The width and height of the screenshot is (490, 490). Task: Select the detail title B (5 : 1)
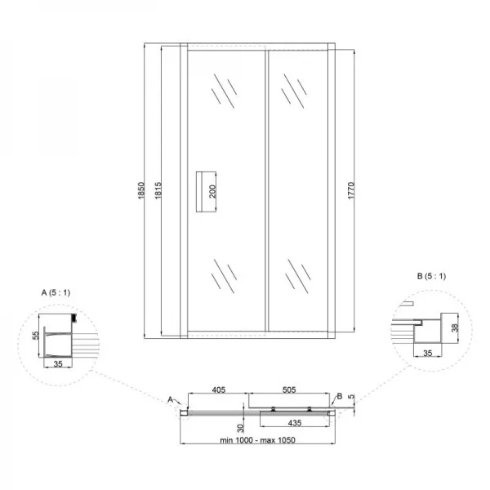[430, 276]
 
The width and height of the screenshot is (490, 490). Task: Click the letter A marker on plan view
[170, 399]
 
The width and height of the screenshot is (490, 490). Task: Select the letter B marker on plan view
[340, 396]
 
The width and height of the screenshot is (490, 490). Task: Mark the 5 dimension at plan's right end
[353, 399]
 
